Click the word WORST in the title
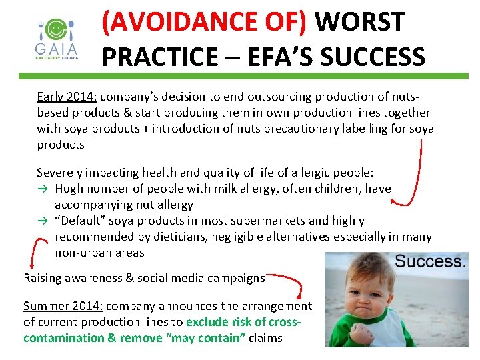point(359,22)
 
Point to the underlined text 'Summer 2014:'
point(63,306)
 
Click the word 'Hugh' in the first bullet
point(70,189)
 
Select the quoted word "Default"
point(83,221)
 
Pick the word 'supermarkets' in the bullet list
point(265,221)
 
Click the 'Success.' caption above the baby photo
point(430,261)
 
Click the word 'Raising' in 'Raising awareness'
point(42,278)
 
